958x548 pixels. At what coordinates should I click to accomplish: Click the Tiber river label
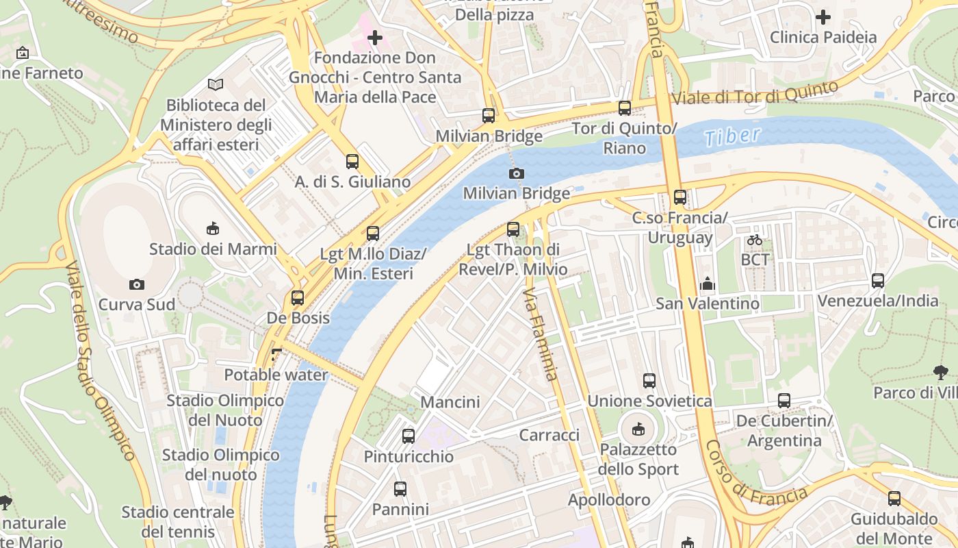point(732,136)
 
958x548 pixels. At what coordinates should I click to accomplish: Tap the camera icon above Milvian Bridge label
point(517,173)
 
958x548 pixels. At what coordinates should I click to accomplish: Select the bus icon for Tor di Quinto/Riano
point(624,108)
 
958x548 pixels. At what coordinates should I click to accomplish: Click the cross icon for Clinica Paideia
point(823,16)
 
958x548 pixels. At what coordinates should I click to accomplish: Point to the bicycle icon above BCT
point(755,240)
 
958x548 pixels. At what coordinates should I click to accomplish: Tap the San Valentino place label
point(708,303)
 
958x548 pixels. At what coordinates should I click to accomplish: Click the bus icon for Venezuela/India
point(878,280)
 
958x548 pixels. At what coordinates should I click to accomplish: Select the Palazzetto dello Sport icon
point(638,429)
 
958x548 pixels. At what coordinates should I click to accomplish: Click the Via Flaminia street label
point(541,334)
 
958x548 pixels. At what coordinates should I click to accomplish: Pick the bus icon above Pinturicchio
point(409,436)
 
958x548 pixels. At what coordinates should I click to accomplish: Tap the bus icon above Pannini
point(400,489)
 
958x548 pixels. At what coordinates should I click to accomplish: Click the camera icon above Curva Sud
point(137,284)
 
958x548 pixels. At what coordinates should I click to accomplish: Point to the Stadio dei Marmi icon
point(213,229)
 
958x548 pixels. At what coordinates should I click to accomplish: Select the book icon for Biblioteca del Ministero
point(216,85)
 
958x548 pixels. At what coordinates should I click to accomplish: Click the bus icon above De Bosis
point(297,298)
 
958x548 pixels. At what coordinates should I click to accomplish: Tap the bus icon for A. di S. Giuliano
point(352,162)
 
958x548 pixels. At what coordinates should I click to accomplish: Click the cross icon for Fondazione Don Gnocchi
point(375,38)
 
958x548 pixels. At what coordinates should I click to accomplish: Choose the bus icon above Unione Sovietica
point(649,381)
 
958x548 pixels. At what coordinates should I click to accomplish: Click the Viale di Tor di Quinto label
point(755,93)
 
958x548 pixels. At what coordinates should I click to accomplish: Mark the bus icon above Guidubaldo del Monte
point(894,499)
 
